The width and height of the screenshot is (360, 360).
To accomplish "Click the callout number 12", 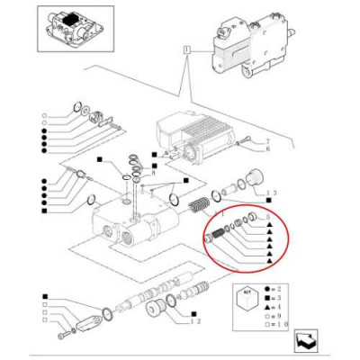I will click(x=195, y=321).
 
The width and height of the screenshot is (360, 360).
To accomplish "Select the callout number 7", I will click(x=266, y=143).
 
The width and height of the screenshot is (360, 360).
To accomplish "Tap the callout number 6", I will click(x=266, y=151).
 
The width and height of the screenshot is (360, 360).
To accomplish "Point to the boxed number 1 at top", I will click(x=185, y=51).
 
